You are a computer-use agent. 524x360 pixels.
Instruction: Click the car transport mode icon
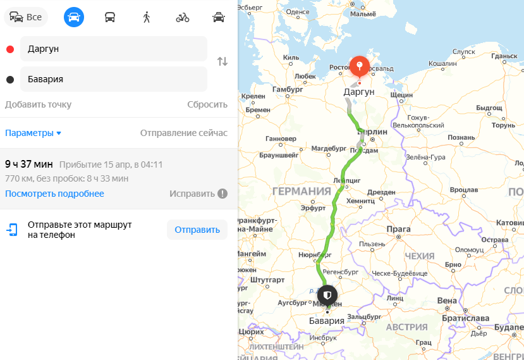tap(73, 17)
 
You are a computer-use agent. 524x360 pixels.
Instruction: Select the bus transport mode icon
tap(110, 17)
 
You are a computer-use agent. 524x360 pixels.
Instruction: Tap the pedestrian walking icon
tap(147, 17)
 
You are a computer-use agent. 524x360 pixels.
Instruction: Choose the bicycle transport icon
tap(183, 17)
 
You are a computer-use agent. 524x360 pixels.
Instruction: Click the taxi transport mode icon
tap(219, 17)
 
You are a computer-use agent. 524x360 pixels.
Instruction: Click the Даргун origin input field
tap(114, 49)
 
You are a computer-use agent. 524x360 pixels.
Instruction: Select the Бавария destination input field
tap(114, 79)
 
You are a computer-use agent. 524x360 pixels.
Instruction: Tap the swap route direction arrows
tap(222, 61)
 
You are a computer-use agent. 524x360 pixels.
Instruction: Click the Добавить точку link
tap(38, 104)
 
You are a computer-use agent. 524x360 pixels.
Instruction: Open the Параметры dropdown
tap(34, 133)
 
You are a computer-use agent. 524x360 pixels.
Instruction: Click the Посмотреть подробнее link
tap(54, 194)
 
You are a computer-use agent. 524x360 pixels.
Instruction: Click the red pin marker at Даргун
tap(359, 66)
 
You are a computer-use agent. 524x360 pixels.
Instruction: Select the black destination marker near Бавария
tap(327, 295)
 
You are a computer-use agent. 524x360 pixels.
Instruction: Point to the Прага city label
tap(398, 228)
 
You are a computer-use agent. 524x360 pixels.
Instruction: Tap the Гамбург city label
tap(288, 89)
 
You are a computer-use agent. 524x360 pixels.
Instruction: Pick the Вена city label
tap(446, 300)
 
